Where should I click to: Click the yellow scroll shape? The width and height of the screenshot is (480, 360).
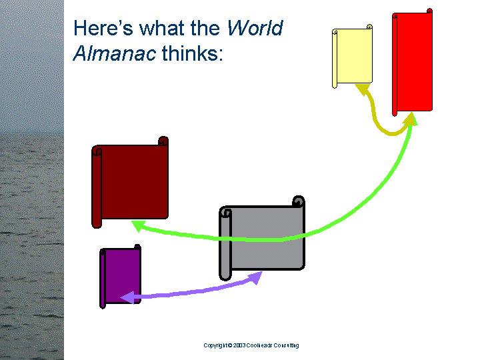pos(353,56)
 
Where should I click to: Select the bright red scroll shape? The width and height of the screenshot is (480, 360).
pos(413,62)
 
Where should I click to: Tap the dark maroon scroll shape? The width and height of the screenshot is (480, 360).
pos(130,182)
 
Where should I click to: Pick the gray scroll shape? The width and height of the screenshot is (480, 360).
pos(262,238)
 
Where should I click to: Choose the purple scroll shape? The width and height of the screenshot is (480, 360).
pos(120,277)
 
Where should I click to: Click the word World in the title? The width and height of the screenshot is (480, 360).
pos(255,28)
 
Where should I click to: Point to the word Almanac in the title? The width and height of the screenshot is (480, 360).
pos(115,53)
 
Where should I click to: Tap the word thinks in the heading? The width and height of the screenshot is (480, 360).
pos(192,53)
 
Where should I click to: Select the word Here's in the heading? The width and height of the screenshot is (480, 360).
pos(103,28)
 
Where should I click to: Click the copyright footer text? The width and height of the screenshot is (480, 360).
pos(251,345)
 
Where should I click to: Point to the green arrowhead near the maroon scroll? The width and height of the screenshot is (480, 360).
pos(139,226)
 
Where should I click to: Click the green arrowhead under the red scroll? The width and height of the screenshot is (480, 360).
pos(411,119)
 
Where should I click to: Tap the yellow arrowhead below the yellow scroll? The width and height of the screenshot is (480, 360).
pos(363,89)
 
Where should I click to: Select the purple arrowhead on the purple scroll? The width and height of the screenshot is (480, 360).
pos(127,297)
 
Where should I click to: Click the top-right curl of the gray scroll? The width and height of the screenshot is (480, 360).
pos(299,201)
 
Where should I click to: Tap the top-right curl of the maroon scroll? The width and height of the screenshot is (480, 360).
pos(163,141)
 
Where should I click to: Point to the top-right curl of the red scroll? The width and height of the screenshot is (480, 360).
pos(429,11)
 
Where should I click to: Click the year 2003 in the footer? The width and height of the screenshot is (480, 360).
pos(239,345)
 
